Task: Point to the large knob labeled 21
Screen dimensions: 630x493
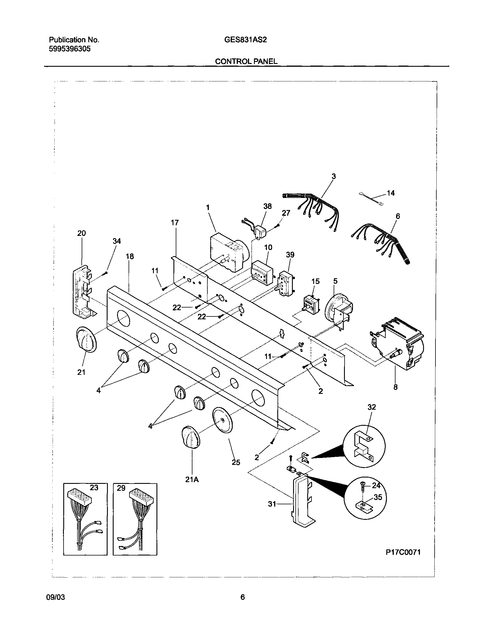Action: click(x=86, y=340)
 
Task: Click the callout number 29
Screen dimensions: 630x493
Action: click(x=121, y=488)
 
